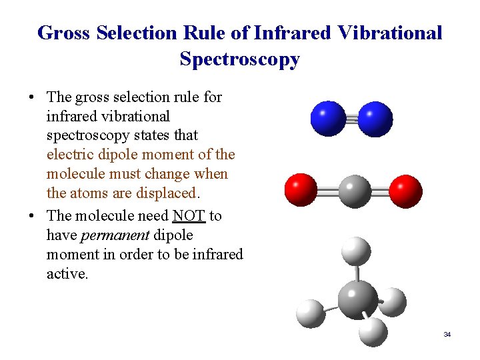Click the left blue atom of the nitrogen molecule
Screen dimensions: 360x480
329,119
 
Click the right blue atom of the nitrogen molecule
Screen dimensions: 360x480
375,119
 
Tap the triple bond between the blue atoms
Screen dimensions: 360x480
351,119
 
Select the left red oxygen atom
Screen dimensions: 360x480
301,190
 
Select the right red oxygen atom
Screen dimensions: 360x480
405,190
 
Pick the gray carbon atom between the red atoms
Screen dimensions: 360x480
354,191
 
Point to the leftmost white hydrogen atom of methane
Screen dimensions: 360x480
310,314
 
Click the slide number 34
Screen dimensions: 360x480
447,334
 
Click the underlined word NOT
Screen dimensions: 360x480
189,216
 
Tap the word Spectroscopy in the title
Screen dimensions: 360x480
239,59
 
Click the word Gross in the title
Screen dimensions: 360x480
65,33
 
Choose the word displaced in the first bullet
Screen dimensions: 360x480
169,193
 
